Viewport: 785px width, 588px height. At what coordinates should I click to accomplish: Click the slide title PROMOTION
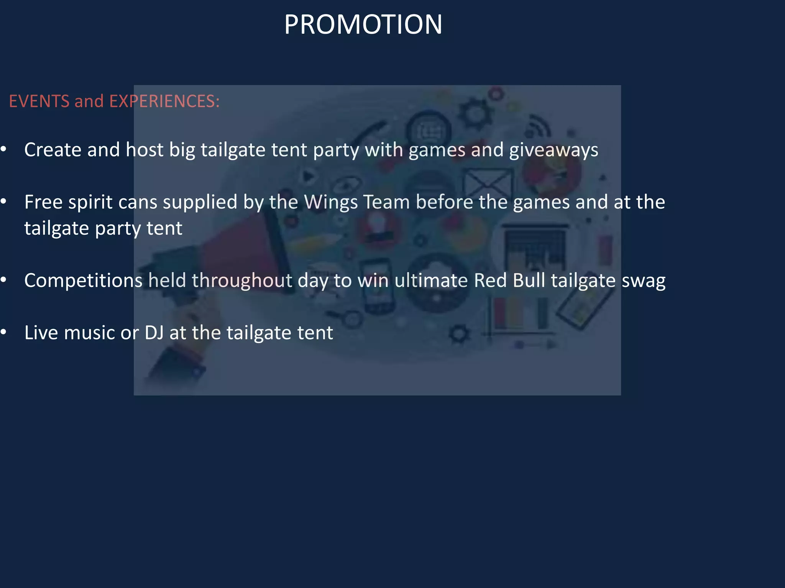(363, 24)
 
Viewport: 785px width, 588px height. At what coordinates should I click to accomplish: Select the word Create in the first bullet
(53, 150)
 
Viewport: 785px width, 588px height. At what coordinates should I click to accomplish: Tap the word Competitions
(83, 281)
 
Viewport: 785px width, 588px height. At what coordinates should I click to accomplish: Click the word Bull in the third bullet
(529, 281)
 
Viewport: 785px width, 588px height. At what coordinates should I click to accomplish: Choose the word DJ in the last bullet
(154, 333)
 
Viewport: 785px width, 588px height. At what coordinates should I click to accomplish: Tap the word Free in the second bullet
(43, 202)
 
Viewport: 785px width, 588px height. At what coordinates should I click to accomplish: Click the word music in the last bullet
(89, 333)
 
